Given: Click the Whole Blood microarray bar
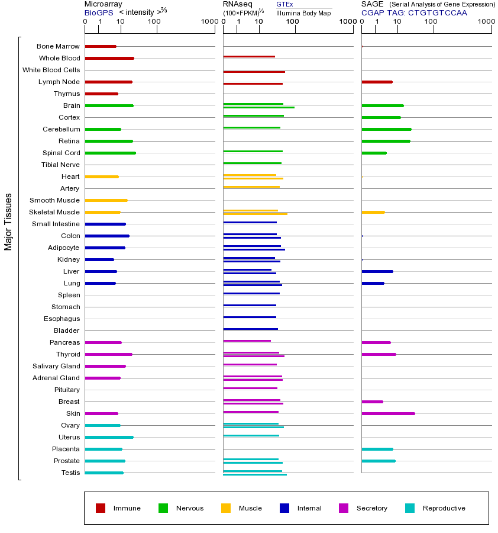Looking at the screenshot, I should [x=109, y=58].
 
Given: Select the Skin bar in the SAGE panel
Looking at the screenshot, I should [x=388, y=413].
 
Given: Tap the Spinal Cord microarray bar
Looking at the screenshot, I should [x=110, y=153].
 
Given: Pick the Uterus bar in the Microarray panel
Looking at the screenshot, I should [x=109, y=437].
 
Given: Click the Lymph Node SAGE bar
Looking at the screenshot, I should [x=377, y=82].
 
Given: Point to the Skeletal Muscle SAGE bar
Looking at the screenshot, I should [x=373, y=212].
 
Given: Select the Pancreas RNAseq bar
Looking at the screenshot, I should [x=247, y=341].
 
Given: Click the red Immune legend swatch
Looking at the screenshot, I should [x=101, y=508].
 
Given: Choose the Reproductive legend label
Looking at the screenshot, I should [x=444, y=508].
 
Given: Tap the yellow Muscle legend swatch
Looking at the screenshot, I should [x=226, y=508].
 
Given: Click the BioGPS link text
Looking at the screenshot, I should [x=99, y=12].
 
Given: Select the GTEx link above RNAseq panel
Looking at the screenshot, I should [x=284, y=4].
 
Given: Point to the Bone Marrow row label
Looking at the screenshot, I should [x=58, y=46].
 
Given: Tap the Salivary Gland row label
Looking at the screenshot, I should [x=57, y=366].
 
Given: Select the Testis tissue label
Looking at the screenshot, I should [x=70, y=473].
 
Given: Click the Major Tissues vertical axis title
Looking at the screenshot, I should [x=8, y=221].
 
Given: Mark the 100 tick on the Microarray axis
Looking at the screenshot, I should [x=154, y=22].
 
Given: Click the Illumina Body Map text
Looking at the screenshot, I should [x=303, y=13].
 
